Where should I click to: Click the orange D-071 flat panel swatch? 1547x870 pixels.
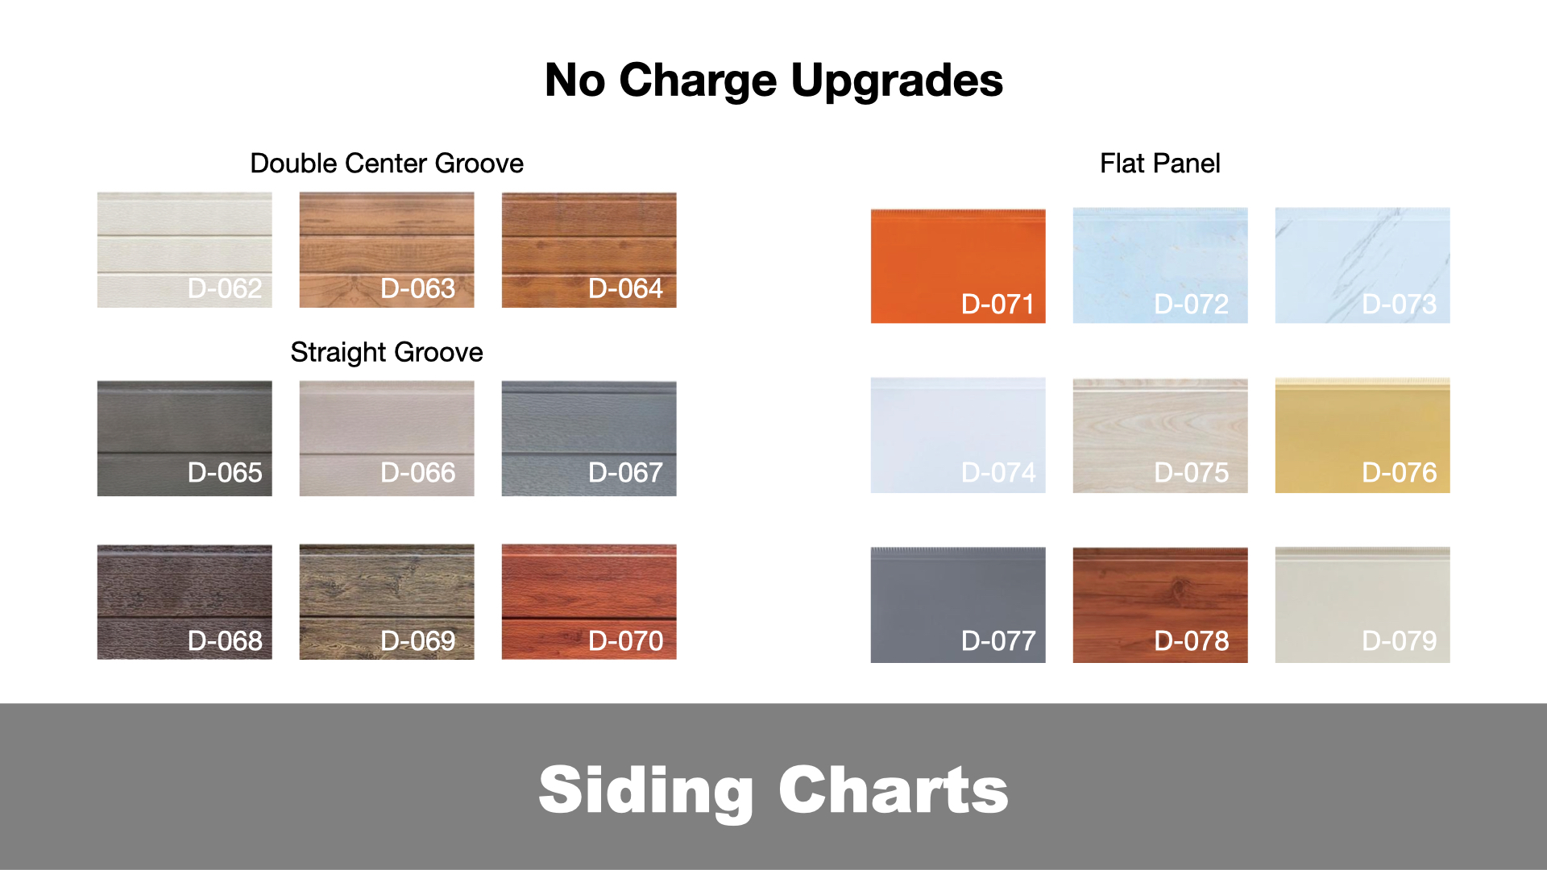click(958, 266)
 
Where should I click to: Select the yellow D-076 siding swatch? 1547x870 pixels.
click(1362, 435)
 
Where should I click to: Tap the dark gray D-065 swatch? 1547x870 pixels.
click(185, 438)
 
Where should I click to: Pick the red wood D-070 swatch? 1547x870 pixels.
click(589, 602)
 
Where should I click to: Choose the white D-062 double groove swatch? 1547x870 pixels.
click(185, 250)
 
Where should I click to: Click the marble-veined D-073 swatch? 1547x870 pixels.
click(1362, 266)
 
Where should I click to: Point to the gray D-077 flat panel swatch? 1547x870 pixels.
click(958, 605)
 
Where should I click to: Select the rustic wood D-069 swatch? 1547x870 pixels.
click(387, 602)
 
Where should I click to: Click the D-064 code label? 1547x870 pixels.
click(626, 288)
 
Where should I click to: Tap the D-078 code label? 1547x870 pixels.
click(1192, 641)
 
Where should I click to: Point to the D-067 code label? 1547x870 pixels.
click(626, 473)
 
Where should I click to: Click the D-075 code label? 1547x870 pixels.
click(1192, 473)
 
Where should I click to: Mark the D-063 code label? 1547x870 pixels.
click(418, 288)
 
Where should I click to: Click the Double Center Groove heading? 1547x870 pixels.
click(387, 164)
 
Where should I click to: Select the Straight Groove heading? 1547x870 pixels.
click(387, 353)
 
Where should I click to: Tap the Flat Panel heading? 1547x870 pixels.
click(1160, 164)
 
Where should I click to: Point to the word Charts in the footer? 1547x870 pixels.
click(894, 790)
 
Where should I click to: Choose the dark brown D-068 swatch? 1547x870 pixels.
click(185, 602)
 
